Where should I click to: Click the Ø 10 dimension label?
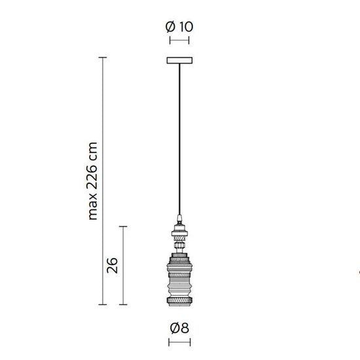[x=179, y=27]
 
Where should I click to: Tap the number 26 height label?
[x=111, y=265]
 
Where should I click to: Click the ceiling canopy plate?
[x=179, y=62]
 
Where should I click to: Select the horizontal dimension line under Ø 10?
[x=179, y=41]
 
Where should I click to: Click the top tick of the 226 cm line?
[x=103, y=58]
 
